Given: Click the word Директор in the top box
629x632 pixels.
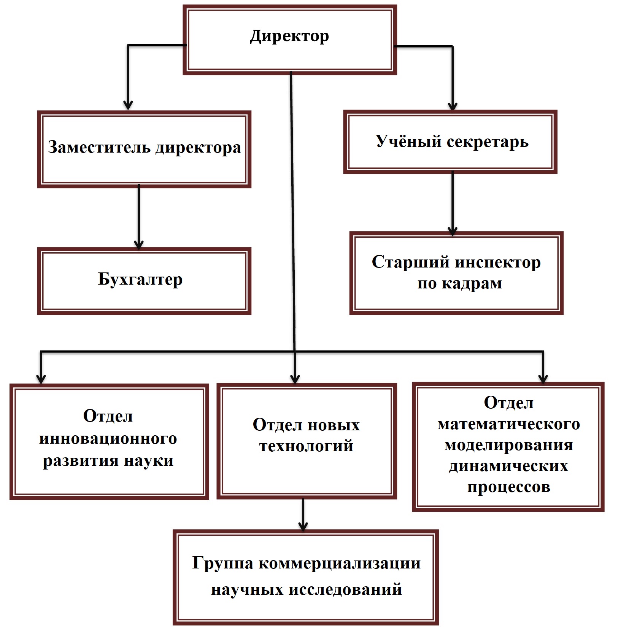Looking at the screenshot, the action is [x=289, y=37].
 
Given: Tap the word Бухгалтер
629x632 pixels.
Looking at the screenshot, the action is [x=140, y=279].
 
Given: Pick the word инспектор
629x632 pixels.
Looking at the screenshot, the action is [x=498, y=263].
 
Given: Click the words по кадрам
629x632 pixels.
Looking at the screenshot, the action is [x=460, y=284].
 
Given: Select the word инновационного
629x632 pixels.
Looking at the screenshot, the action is [x=108, y=438].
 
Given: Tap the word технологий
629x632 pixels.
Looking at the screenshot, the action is [x=307, y=446].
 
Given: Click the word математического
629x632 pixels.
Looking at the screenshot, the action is [x=509, y=424].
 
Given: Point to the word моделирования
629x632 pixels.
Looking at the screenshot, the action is [x=509, y=445].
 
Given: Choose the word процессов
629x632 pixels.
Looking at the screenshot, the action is [x=509, y=487].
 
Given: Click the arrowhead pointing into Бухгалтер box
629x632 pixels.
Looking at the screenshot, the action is [x=139, y=245].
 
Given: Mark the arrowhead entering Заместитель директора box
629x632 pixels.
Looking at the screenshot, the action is [x=128, y=105].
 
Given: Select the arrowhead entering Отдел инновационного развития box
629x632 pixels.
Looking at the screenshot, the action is [x=41, y=379].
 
